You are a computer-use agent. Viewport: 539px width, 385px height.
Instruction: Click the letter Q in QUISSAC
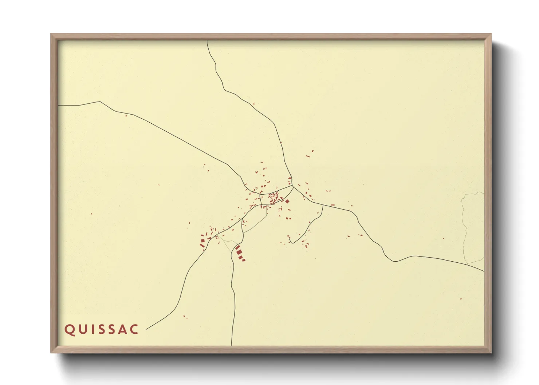(69, 330)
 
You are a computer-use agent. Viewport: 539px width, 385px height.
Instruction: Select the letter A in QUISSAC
(122, 329)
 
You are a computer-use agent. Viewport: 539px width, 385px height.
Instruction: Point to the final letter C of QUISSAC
(134, 329)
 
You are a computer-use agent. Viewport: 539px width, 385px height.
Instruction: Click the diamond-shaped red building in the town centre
(287, 201)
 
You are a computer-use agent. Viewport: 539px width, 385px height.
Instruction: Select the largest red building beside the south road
(239, 252)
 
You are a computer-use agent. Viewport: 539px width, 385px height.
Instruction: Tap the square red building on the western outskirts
(203, 241)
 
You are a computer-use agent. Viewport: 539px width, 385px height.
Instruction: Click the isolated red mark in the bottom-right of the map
(461, 299)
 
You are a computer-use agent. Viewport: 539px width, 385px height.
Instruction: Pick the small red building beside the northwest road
(126, 116)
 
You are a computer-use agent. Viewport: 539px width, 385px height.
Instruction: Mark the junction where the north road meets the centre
(293, 187)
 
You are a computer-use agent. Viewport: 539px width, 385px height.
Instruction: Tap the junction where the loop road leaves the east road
(323, 205)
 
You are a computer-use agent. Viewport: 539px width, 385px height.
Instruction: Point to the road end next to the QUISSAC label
(146, 329)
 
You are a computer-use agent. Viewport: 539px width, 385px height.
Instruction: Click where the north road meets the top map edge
(207, 41)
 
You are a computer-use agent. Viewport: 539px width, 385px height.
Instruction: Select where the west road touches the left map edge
(59, 106)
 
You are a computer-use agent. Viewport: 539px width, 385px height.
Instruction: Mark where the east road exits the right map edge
(484, 271)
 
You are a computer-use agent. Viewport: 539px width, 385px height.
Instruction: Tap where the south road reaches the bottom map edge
(231, 345)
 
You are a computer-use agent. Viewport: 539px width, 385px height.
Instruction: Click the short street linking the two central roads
(260, 199)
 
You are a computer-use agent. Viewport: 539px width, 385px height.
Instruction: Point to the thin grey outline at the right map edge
(464, 226)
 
